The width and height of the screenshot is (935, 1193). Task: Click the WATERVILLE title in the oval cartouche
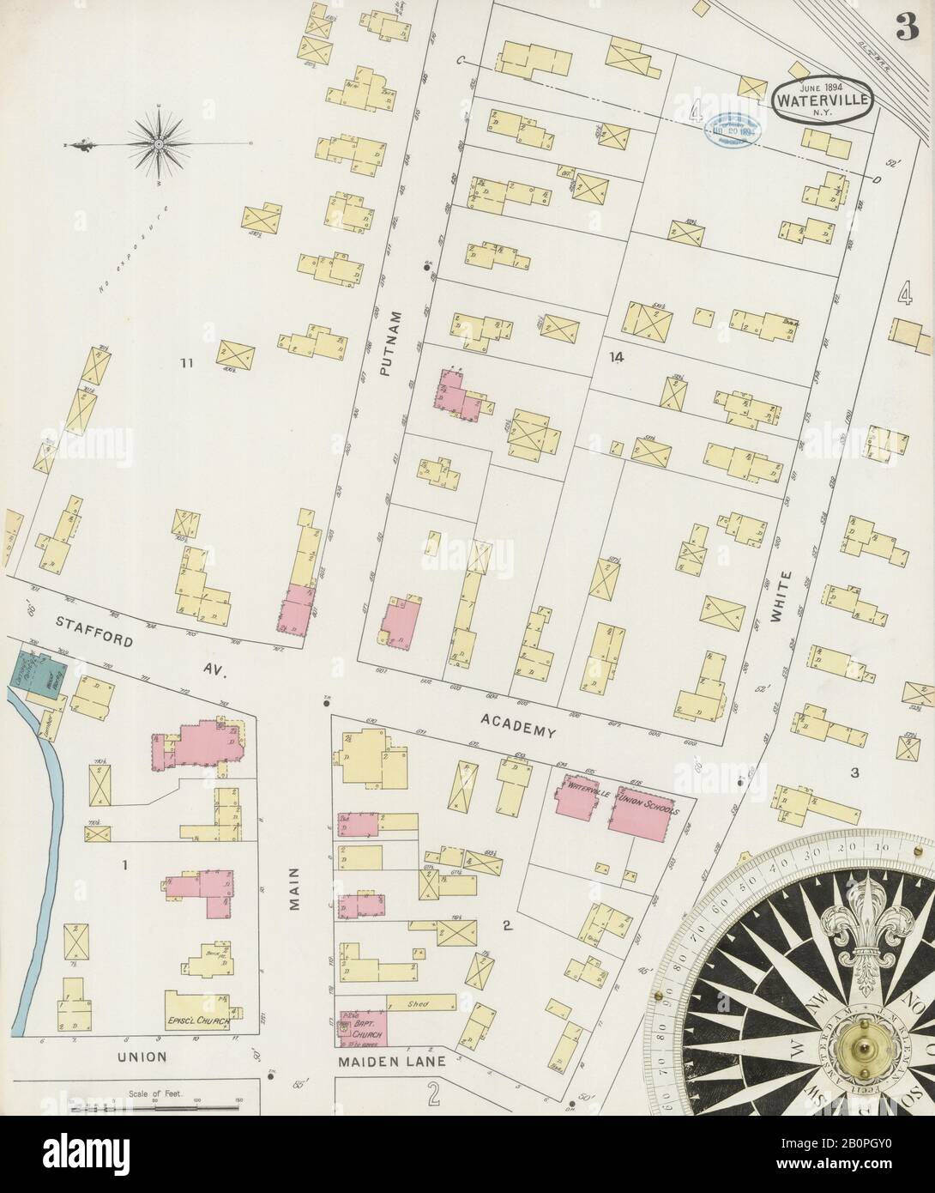point(824,98)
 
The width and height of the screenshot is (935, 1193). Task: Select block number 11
point(184,364)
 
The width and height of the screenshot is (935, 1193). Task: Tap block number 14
point(613,354)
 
